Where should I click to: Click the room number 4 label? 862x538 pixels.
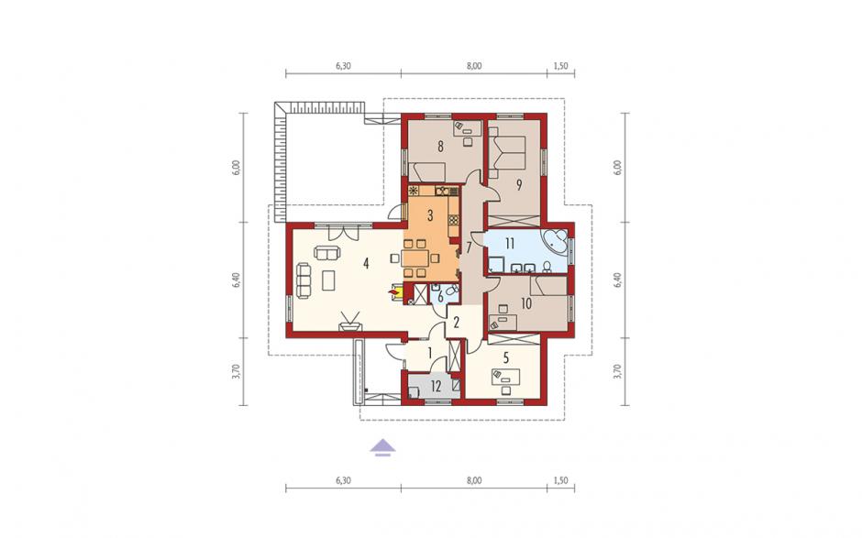click(366, 263)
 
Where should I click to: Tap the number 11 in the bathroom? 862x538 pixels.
click(510, 243)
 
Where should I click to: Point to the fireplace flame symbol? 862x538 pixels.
click(393, 291)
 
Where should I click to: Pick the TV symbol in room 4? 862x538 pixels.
click(350, 321)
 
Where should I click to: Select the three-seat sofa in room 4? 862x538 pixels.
click(304, 280)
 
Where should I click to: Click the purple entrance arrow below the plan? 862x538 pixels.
click(382, 448)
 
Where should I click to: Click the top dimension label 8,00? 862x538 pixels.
click(474, 65)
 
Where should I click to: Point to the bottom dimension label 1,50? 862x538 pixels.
click(560, 480)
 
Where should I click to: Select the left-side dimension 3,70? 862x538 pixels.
click(236, 371)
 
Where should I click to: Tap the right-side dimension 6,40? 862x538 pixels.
click(617, 280)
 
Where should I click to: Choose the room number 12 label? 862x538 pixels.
click(436, 387)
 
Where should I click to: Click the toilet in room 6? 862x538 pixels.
click(452, 291)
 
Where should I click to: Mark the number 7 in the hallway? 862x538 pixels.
click(469, 247)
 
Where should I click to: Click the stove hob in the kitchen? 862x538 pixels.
click(454, 220)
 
